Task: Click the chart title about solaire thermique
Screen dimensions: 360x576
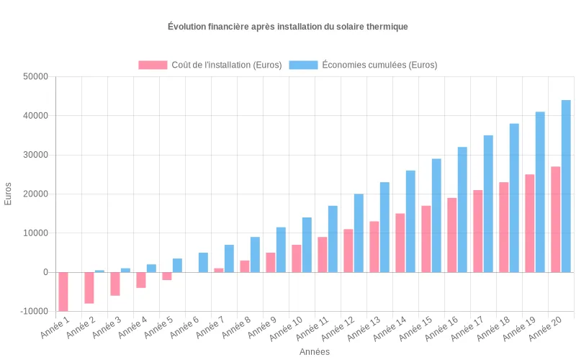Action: [x=288, y=27]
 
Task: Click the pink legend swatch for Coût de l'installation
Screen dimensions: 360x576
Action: [x=153, y=65]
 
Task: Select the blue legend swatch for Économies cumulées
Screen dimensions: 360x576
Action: [x=303, y=65]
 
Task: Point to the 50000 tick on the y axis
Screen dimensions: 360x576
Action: [x=35, y=76]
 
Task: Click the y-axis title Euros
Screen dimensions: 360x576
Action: [x=9, y=194]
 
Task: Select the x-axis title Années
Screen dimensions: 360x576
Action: [x=315, y=352]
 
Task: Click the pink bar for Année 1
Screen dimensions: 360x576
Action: [x=63, y=292]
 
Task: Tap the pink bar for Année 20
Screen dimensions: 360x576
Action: [x=555, y=220]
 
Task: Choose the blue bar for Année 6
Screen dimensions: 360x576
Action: [x=203, y=262]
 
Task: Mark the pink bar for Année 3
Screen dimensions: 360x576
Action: [x=115, y=284]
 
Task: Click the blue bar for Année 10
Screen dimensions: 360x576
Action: [x=307, y=245]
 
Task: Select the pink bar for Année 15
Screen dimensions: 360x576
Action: [x=426, y=239]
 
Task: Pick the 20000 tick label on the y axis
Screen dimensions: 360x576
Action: [x=35, y=194]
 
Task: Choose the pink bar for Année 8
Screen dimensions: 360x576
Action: [x=245, y=266]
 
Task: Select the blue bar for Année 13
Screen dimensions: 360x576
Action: [x=384, y=227]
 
